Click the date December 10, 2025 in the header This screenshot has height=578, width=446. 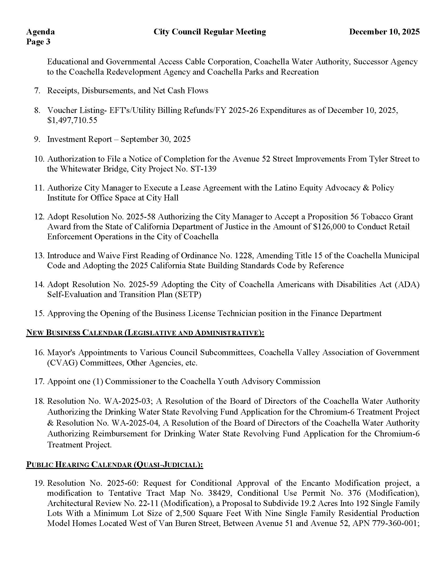coord(384,32)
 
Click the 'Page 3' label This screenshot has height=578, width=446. coord(38,42)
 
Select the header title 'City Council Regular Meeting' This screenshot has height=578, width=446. coord(210,32)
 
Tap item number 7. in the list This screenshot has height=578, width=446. coord(37,91)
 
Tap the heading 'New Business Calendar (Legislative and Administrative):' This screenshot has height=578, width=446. coord(145,333)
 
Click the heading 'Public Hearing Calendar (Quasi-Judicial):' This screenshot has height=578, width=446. coord(114,464)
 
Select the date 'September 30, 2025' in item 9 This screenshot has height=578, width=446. coord(155,139)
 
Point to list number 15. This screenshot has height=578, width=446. coord(39,313)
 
